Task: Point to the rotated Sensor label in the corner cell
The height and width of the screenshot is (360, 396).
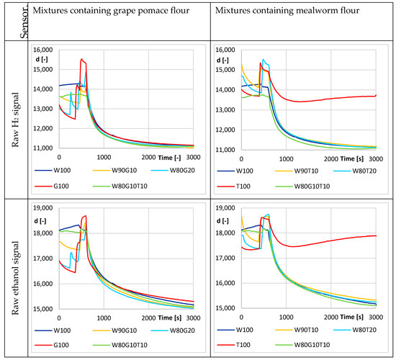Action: pyautogui.click(x=12, y=20)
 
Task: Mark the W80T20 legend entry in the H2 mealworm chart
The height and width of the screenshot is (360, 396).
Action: pyautogui.click(x=364, y=171)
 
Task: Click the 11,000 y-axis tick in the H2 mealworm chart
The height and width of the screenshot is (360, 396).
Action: pyautogui.click(x=225, y=148)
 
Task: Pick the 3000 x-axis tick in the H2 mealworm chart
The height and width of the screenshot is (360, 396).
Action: pyautogui.click(x=375, y=158)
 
